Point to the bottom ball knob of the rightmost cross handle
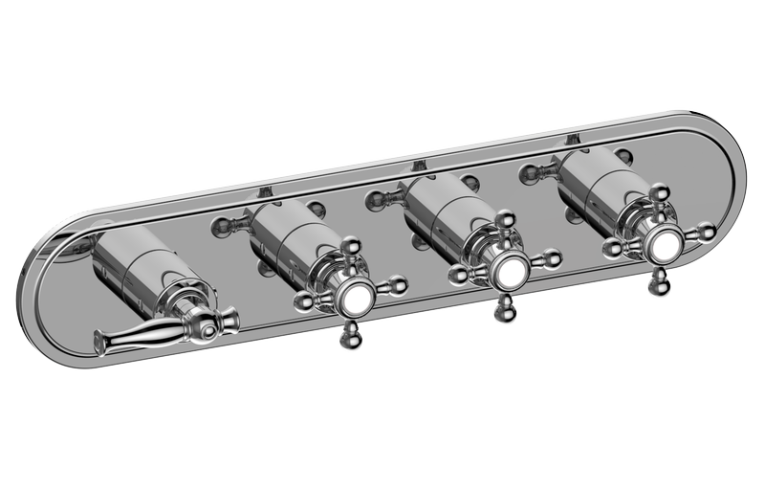[658, 279]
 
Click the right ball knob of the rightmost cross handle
[705, 231]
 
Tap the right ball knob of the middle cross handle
[552, 258]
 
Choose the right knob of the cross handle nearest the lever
[397, 284]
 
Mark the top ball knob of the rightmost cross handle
[659, 193]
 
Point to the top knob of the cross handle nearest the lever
[351, 246]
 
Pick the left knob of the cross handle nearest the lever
[303, 302]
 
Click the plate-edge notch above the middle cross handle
[418, 167]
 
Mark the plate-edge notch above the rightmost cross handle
[572, 140]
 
